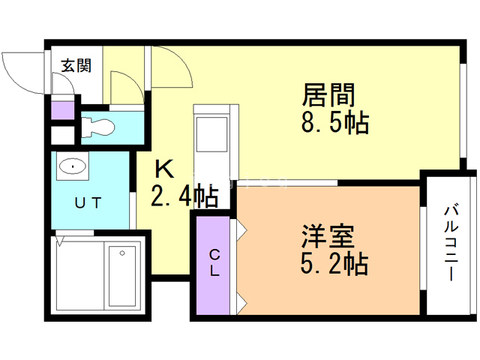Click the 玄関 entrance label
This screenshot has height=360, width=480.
click(x=76, y=66)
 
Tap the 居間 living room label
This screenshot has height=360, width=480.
click(x=328, y=96)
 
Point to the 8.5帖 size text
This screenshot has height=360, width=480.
click(x=334, y=122)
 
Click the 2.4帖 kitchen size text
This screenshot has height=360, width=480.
click(x=184, y=196)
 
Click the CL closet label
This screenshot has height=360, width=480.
click(x=214, y=263)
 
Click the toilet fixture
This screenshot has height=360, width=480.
click(x=96, y=127)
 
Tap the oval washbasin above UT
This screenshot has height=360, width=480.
click(x=72, y=166)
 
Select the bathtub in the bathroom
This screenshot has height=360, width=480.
click(x=120, y=273)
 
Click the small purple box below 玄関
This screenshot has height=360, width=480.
click(x=62, y=110)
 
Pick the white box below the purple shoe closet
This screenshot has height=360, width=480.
click(x=62, y=136)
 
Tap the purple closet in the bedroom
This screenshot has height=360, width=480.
click(x=214, y=263)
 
